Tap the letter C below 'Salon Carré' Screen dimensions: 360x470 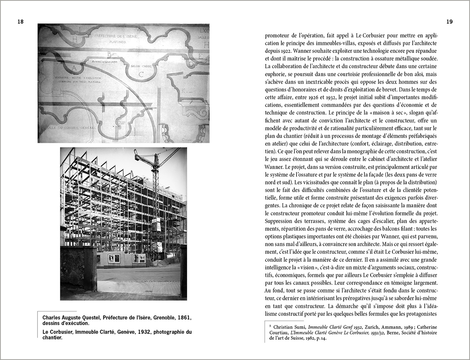(x=140, y=73)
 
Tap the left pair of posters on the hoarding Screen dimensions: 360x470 (x=114, y=258)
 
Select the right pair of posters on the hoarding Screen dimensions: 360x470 (x=139, y=258)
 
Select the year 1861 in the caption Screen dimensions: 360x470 (x=185, y=318)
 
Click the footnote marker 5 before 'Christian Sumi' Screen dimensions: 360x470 (x=270, y=325)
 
